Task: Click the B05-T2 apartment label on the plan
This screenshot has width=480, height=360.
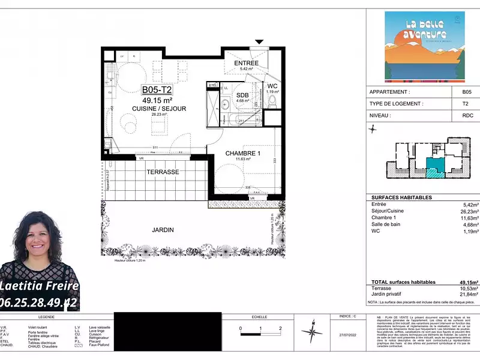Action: (x=157, y=90)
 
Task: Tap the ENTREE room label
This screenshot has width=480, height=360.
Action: (x=246, y=63)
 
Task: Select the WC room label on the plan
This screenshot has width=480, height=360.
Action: (x=272, y=86)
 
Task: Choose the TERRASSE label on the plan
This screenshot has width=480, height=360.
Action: (x=163, y=172)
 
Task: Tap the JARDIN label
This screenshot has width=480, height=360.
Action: (x=163, y=230)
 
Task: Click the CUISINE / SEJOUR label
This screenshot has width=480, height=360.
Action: (x=159, y=109)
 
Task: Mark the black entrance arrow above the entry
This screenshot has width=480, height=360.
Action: (x=259, y=42)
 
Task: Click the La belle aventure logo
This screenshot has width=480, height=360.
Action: (x=424, y=47)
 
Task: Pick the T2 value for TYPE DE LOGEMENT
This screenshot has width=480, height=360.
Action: (x=466, y=104)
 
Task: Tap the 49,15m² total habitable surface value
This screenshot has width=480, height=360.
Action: (x=468, y=281)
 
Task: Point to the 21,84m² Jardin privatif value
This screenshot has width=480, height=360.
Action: (x=468, y=294)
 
